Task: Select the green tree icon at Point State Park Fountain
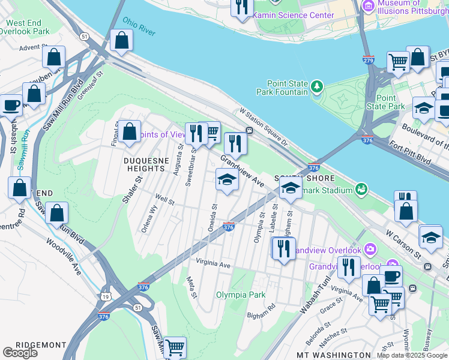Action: (x=316, y=88)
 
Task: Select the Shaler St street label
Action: (x=133, y=189)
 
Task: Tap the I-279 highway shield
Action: (x=369, y=60)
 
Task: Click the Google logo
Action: (x=20, y=353)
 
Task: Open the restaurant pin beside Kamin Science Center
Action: (x=242, y=7)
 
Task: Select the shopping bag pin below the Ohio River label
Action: (x=122, y=41)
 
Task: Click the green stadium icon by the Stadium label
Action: (x=361, y=190)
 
